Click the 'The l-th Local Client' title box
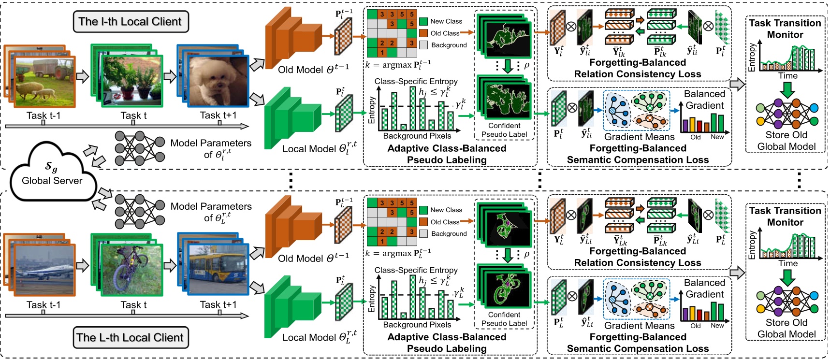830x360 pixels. [x=131, y=22]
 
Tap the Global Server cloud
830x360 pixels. [x=52, y=174]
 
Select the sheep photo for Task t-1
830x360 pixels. [x=44, y=82]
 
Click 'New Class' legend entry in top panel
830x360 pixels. [x=446, y=21]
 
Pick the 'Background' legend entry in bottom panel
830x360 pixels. [x=449, y=234]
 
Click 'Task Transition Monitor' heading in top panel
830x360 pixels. [x=785, y=29]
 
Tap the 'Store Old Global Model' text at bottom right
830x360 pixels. [x=786, y=328]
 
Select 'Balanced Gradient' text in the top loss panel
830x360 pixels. [x=704, y=100]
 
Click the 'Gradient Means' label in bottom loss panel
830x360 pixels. [x=639, y=326]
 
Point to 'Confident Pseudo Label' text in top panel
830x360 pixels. [x=504, y=130]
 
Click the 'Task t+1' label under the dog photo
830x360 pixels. [x=218, y=115]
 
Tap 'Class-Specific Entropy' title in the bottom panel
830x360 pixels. [x=416, y=270]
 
